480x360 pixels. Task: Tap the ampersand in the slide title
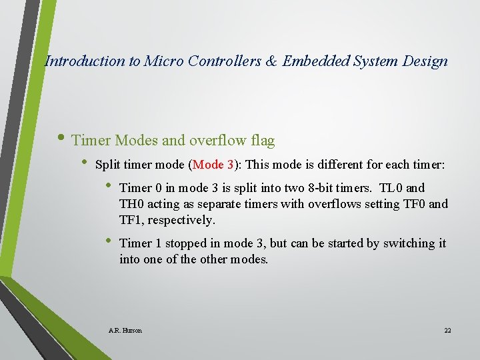tap(271, 61)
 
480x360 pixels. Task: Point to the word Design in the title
tap(425, 61)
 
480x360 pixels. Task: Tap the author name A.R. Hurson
tap(125, 330)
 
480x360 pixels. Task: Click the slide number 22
tap(447, 330)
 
